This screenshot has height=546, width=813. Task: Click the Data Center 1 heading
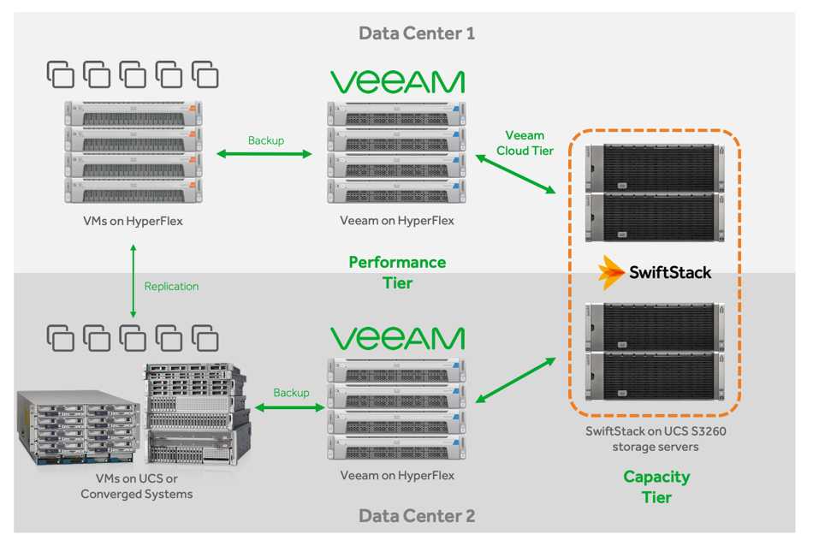pos(416,33)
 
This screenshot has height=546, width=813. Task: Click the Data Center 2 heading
pos(416,515)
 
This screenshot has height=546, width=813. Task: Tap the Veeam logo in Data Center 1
pos(397,82)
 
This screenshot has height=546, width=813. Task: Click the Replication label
pos(171,286)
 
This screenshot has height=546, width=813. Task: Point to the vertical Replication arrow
pos(133,282)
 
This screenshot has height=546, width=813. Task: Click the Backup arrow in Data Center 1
pos(265,154)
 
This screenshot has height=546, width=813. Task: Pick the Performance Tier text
pos(397,272)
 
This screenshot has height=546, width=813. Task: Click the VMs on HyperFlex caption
pos(133,222)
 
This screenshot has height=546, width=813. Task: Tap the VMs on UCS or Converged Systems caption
pos(136,485)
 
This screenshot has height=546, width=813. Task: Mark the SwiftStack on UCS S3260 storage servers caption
pos(656,438)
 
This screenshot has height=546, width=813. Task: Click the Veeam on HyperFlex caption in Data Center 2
pos(397,475)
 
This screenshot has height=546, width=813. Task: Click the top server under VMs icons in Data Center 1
pos(133,113)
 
